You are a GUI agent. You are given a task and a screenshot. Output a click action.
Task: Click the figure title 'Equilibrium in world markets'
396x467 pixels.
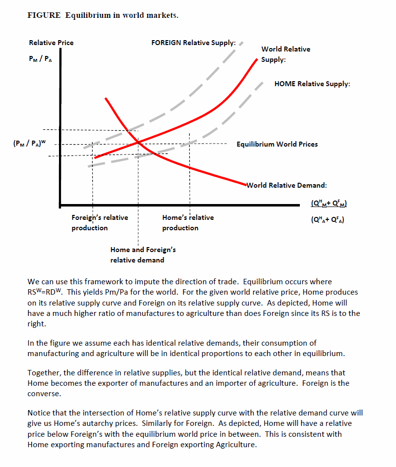tap(121, 15)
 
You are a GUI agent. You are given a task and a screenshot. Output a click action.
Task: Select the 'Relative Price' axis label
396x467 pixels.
tap(51, 43)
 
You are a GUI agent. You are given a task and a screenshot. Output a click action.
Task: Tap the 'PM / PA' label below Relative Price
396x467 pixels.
tap(40, 59)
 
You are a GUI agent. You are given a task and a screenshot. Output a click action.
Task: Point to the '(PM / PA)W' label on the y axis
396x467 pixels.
tap(31, 144)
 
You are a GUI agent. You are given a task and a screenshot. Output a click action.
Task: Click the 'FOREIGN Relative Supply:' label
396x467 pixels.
tap(193, 43)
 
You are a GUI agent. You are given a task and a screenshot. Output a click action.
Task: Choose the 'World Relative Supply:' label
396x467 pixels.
tap(285, 54)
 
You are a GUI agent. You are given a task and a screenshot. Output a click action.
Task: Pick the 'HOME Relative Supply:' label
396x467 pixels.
tap(312, 84)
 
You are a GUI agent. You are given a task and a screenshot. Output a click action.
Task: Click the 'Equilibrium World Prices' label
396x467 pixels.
tap(277, 144)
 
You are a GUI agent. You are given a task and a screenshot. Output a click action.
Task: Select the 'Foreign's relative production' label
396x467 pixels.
tap(100, 222)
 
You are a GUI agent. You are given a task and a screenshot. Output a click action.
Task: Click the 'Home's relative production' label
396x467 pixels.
tap(188, 222)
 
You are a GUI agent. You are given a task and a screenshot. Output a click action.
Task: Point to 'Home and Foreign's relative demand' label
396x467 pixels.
tap(143, 255)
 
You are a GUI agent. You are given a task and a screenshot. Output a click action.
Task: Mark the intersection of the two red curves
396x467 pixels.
tap(138, 143)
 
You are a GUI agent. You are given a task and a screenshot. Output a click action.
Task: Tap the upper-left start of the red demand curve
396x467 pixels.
tap(106, 98)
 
